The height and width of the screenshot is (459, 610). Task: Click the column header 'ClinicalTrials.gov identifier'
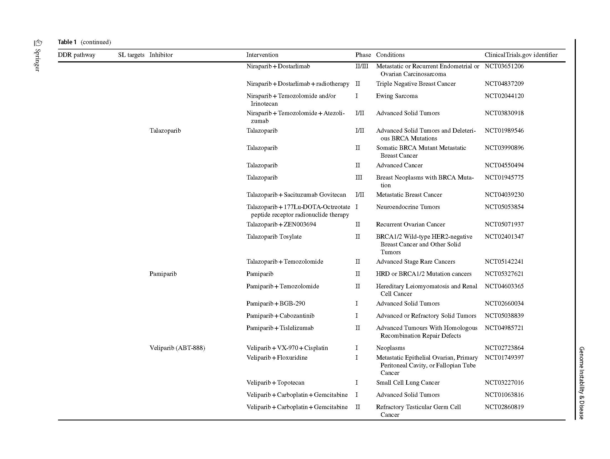click(521, 55)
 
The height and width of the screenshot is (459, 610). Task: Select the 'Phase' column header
click(363, 55)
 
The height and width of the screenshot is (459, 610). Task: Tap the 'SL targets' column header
click(131, 55)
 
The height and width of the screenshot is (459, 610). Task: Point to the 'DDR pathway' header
click(76, 55)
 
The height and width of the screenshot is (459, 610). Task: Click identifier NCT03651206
click(504, 66)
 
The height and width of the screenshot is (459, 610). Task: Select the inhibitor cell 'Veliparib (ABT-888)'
click(177, 348)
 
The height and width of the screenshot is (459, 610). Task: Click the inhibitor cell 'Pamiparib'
click(163, 274)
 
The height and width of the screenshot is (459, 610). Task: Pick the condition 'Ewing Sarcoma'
click(396, 96)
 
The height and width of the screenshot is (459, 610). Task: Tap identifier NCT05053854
click(504, 207)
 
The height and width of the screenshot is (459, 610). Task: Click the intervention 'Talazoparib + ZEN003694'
click(281, 225)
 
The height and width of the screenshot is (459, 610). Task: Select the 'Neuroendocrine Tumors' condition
click(408, 207)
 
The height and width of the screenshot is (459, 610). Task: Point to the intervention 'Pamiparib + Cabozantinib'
click(280, 316)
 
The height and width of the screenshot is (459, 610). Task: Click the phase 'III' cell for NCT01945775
click(359, 178)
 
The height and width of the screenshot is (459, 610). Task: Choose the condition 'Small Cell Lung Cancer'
click(408, 383)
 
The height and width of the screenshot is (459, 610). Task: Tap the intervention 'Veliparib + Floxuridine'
click(277, 358)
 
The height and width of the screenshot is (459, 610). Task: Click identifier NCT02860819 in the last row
click(504, 407)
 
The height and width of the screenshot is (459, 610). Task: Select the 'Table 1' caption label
click(67, 42)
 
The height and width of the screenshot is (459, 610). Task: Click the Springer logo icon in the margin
click(38, 43)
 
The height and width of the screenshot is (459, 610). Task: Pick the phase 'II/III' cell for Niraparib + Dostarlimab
click(362, 66)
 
